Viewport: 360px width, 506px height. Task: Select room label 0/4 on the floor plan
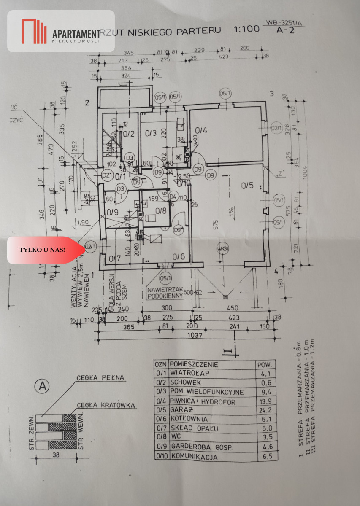201,130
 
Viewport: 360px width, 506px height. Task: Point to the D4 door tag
173,196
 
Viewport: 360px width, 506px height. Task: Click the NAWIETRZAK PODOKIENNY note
165,293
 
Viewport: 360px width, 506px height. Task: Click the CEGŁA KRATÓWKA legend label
106,406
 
